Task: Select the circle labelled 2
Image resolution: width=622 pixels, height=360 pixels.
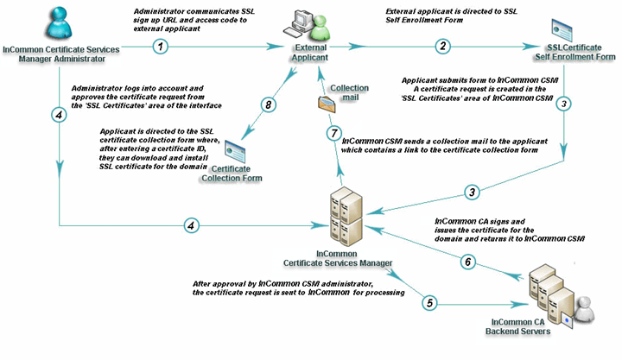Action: (443, 46)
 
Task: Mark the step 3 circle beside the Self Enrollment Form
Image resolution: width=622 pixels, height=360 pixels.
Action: (563, 103)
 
